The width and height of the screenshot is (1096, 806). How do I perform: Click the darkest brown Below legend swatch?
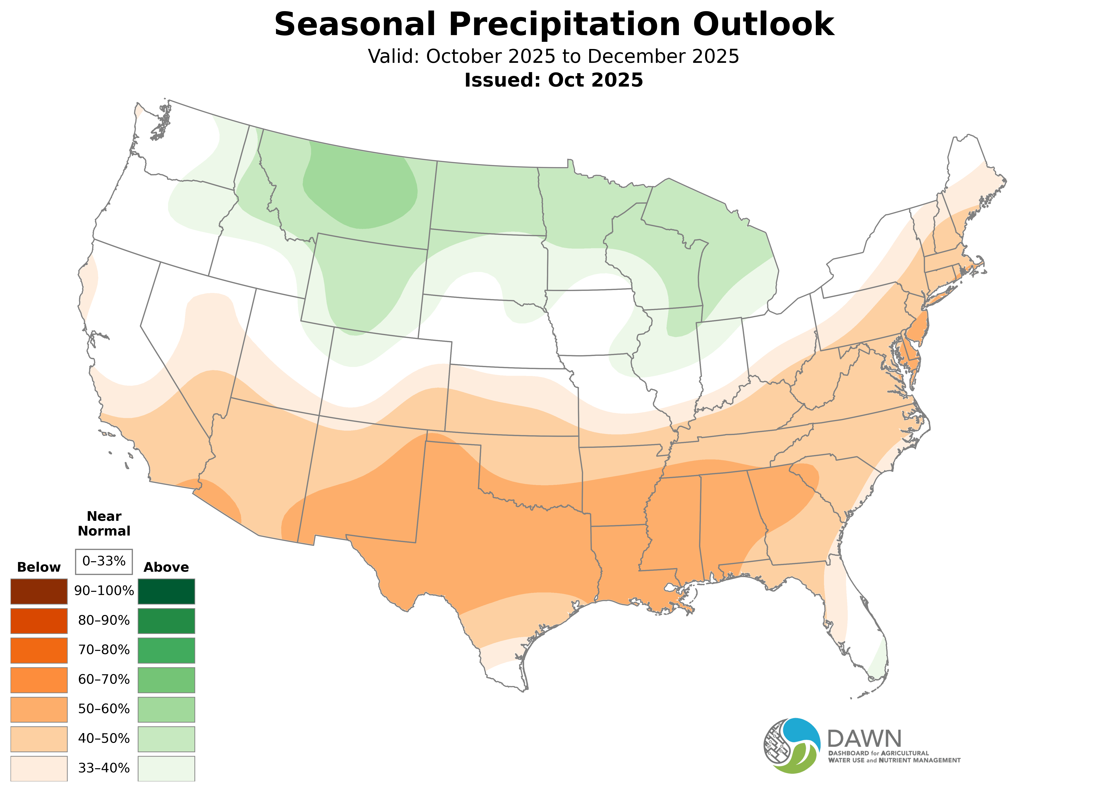coord(39,591)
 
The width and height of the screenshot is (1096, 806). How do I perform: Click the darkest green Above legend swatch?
coord(166,591)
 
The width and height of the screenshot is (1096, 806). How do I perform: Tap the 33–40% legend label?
coord(104,768)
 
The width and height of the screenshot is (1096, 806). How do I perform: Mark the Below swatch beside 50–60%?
coord(39,709)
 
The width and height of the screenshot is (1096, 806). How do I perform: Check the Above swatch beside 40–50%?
coord(166,739)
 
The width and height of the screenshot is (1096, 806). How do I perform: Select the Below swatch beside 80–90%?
coord(39,621)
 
